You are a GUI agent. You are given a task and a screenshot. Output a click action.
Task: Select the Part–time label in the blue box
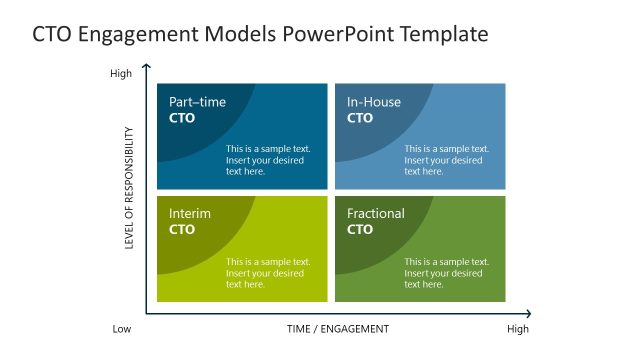(x=197, y=102)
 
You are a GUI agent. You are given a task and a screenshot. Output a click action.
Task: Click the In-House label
(x=374, y=102)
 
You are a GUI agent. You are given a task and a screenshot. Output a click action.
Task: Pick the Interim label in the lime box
(x=190, y=214)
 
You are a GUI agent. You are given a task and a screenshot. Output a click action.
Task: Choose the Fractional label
(x=376, y=214)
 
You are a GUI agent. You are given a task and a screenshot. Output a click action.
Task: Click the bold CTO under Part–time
(x=182, y=118)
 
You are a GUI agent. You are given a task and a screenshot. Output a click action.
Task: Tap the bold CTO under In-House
(x=360, y=118)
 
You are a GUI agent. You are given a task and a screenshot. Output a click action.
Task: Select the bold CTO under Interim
(x=182, y=230)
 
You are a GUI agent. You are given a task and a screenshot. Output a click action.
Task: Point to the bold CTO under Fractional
(x=360, y=230)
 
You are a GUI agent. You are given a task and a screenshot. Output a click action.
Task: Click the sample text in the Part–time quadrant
(x=268, y=160)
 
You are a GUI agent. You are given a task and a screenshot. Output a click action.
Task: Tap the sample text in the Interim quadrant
(x=268, y=273)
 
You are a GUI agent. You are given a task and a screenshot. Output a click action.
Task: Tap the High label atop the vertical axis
(x=120, y=73)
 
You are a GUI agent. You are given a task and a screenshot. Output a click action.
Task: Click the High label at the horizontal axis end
(x=518, y=329)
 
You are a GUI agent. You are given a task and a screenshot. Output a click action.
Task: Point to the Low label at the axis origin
(x=121, y=329)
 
